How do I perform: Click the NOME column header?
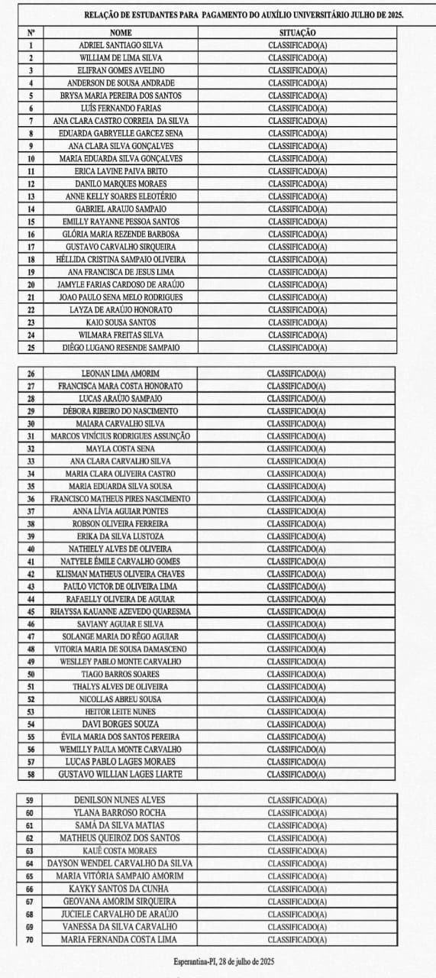pos(121,33)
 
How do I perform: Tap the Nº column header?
pos(31,33)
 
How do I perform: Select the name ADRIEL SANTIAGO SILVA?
pos(121,45)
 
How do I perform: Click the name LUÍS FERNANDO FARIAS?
pos(121,108)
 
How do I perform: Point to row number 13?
pos(31,196)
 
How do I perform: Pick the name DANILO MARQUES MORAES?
pos(121,184)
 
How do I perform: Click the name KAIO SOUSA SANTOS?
pos(121,322)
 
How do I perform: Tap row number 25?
pos(31,348)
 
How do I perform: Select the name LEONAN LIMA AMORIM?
pos(121,374)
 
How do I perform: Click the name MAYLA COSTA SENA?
pos(121,449)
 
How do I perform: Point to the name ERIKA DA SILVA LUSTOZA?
pos(121,536)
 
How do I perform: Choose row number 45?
pos(31,612)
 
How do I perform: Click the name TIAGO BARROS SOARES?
pos(121,674)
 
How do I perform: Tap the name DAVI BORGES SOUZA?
pos(121,724)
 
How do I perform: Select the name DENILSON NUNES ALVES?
pos(121,800)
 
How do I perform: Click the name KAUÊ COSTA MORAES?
pos(121,850)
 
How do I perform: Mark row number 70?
pos(30,939)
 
